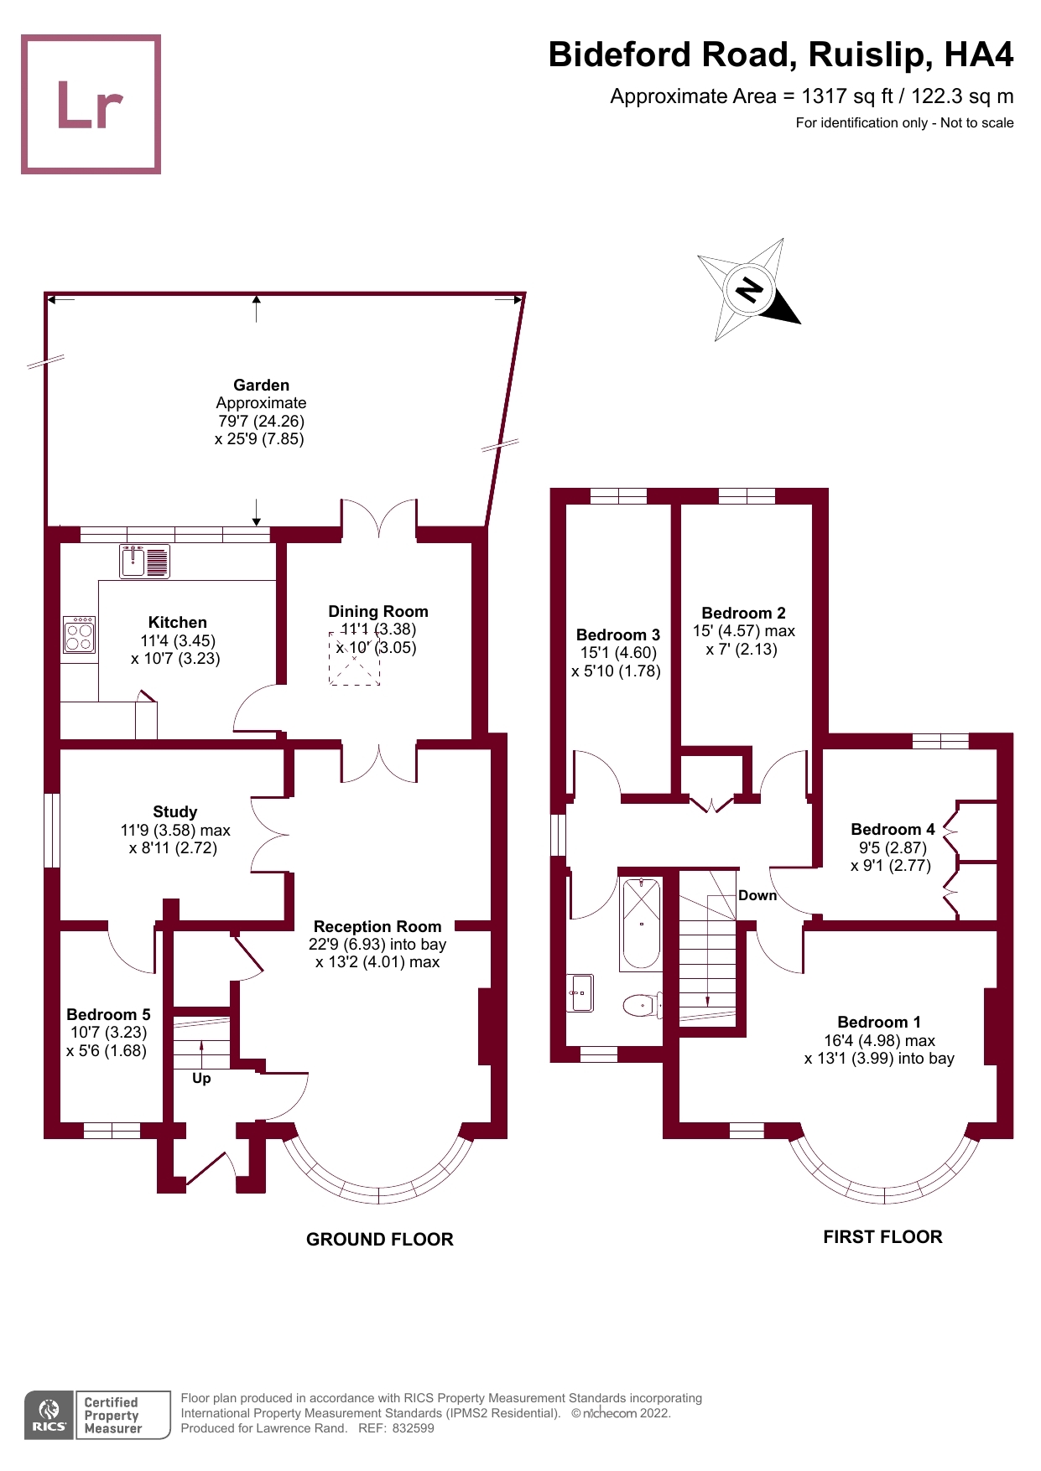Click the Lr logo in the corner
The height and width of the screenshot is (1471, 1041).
click(x=91, y=105)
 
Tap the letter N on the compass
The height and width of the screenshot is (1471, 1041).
click(x=749, y=290)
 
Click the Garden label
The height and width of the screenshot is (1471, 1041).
click(x=261, y=386)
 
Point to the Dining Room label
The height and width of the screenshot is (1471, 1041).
click(x=377, y=612)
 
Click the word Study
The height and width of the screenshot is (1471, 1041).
click(x=174, y=812)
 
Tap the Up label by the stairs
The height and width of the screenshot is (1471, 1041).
click(x=201, y=1079)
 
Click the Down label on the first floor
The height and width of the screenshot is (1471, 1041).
click(x=757, y=896)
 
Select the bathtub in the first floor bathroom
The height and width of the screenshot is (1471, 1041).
click(x=641, y=923)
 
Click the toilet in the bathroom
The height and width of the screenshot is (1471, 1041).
click(x=641, y=1004)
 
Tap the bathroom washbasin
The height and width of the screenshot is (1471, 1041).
click(x=580, y=993)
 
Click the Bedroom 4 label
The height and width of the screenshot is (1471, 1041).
click(x=893, y=830)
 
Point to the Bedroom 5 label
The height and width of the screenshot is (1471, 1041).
click(x=108, y=1015)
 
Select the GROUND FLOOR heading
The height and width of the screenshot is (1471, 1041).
click(x=379, y=1240)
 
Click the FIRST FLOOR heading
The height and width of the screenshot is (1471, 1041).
click(x=882, y=1237)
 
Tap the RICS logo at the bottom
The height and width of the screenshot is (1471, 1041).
click(x=49, y=1416)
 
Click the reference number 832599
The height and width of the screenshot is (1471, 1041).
click(x=413, y=1428)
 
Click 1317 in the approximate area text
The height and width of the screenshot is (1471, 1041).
click(x=824, y=96)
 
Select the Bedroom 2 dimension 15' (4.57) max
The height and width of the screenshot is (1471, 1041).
click(x=743, y=631)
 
